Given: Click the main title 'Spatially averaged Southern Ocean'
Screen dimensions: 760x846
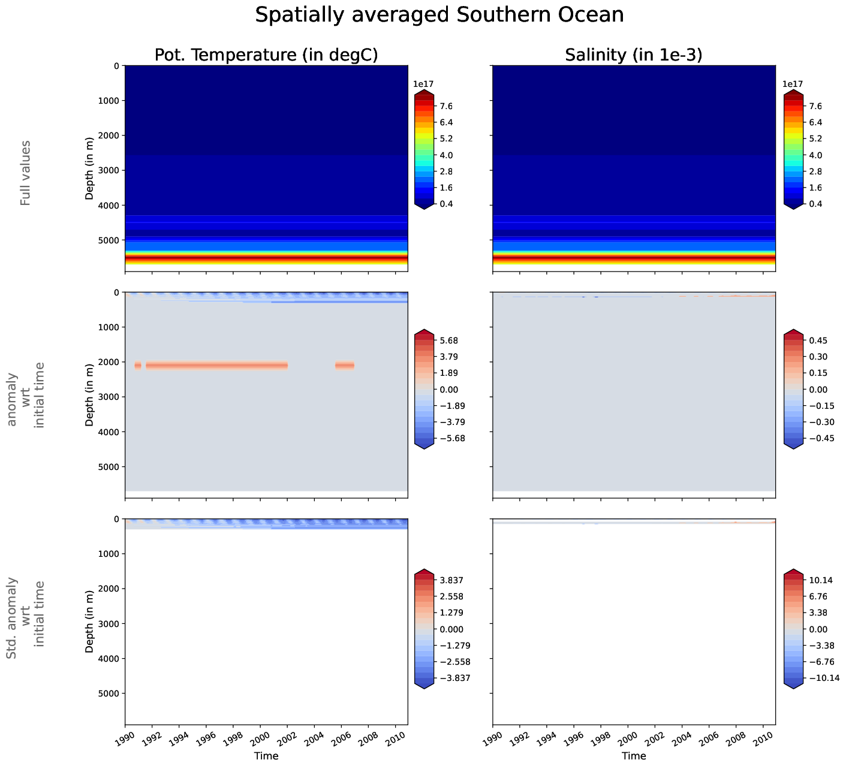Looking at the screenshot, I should tap(439, 15).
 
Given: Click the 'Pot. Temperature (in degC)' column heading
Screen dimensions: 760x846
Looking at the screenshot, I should tap(266, 55).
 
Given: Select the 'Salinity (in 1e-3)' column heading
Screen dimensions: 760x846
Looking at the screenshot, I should tap(634, 55).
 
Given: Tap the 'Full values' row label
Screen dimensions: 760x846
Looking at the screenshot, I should tap(25, 173).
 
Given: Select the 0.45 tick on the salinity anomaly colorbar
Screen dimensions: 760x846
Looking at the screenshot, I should tap(817, 340).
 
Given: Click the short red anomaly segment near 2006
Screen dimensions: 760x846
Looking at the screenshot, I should tap(345, 365).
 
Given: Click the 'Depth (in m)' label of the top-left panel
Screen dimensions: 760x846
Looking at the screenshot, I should tap(89, 168).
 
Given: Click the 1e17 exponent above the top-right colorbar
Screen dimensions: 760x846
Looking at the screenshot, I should tap(793, 85).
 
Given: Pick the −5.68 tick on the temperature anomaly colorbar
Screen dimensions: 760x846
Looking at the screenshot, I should tap(450, 438).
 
